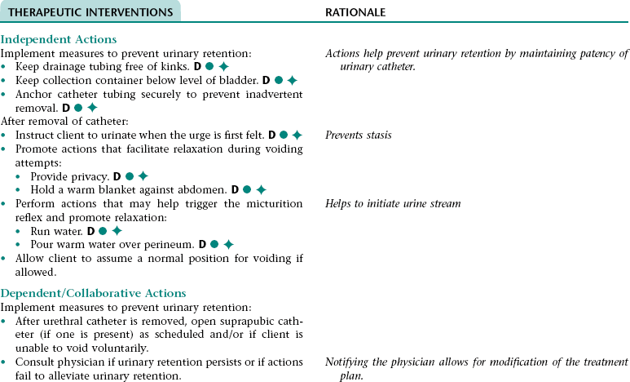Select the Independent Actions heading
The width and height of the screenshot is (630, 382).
click(x=59, y=39)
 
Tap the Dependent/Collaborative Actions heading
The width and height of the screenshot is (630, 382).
click(x=94, y=293)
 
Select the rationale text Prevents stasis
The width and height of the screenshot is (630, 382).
click(x=358, y=135)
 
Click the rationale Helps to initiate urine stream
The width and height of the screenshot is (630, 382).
click(x=393, y=203)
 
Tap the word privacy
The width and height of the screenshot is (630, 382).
click(x=91, y=175)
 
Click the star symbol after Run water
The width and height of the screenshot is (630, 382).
click(x=117, y=231)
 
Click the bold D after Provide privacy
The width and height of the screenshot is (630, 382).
click(x=117, y=175)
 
